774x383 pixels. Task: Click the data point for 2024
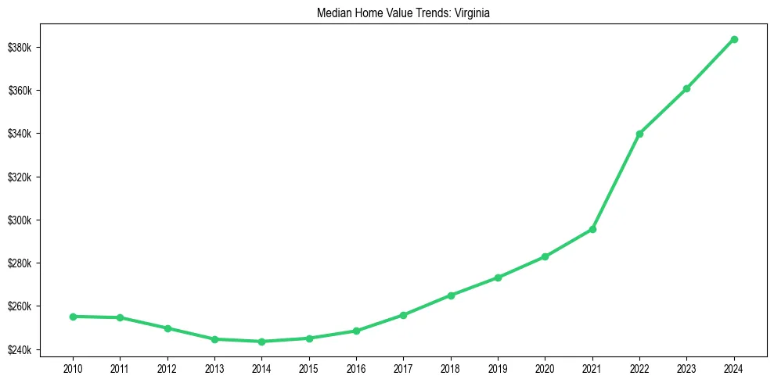(x=734, y=39)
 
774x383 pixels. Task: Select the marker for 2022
(x=639, y=134)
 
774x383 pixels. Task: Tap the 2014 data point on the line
(x=261, y=342)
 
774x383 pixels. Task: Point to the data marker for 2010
(x=73, y=317)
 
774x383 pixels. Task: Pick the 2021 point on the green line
(x=592, y=229)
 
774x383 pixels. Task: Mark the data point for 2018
(x=451, y=295)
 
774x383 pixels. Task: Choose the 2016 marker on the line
(x=356, y=331)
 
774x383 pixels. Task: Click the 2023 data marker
(x=686, y=88)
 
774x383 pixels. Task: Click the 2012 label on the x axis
(x=167, y=367)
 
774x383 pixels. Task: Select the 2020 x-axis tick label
(x=545, y=367)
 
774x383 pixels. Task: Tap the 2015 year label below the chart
(x=308, y=367)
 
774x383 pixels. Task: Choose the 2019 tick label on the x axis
(x=498, y=367)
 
